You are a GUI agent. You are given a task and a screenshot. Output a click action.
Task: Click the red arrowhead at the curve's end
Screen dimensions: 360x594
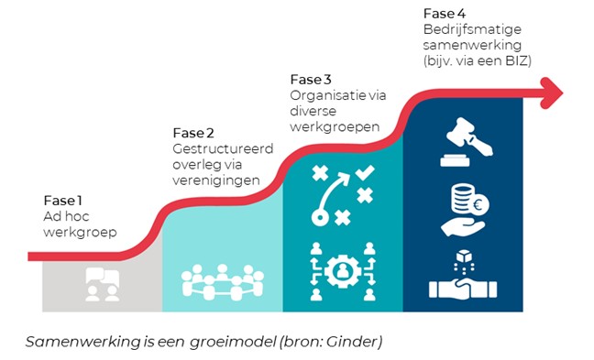pos(552,89)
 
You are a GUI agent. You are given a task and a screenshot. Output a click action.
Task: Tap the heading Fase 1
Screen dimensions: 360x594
pos(63,201)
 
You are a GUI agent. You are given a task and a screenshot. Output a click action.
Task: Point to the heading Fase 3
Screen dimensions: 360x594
pos(310,79)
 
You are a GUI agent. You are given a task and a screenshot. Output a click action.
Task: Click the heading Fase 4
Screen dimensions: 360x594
pos(444,13)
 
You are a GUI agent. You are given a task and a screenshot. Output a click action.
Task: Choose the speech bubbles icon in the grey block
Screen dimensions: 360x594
pos(101,282)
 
